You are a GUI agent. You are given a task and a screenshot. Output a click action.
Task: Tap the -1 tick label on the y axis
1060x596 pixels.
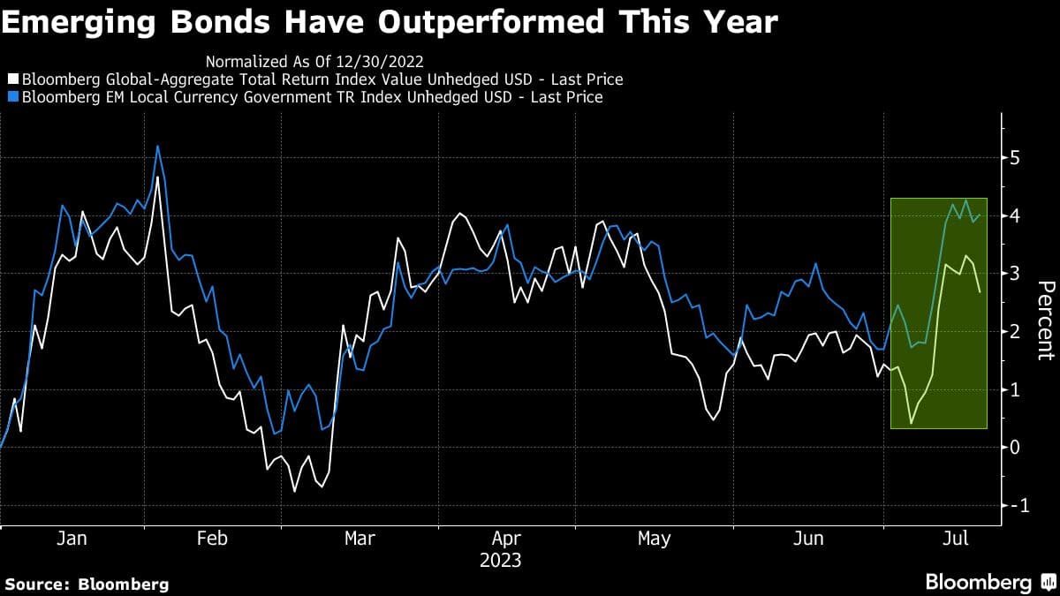pyautogui.click(x=1018, y=505)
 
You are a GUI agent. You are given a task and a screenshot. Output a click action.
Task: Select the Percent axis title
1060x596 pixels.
pyautogui.click(x=1045, y=320)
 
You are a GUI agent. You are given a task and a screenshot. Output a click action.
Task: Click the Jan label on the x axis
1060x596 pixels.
pyautogui.click(x=72, y=539)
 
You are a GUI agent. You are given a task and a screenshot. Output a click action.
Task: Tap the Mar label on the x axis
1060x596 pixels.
pyautogui.click(x=360, y=539)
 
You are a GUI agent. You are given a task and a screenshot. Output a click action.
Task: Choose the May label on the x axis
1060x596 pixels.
pyautogui.click(x=654, y=539)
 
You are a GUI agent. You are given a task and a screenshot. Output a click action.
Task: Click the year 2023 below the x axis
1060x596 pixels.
pyautogui.click(x=500, y=560)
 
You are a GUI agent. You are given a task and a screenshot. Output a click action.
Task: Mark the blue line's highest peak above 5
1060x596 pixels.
pyautogui.click(x=157, y=147)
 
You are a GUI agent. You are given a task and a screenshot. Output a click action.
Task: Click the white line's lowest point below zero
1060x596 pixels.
pyautogui.click(x=294, y=491)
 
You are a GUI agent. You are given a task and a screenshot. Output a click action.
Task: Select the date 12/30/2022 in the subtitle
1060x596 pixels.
pyautogui.click(x=382, y=62)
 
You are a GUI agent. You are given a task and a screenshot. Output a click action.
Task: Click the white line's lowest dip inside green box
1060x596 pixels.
pyautogui.click(x=911, y=424)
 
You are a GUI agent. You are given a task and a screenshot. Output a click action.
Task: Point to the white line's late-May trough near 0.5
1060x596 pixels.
pyautogui.click(x=713, y=419)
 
